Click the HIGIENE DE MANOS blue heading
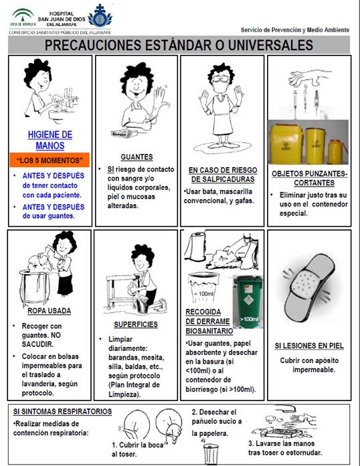click(50, 140)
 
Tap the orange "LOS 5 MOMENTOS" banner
click(50, 160)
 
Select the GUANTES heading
click(137, 157)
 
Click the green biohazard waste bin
click(248, 302)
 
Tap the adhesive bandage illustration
click(308, 287)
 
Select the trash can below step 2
click(211, 453)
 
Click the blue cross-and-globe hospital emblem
click(100, 16)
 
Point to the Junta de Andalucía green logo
click(23, 17)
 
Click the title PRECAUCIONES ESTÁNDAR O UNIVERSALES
click(179, 45)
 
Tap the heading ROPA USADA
click(50, 311)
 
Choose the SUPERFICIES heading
click(136, 324)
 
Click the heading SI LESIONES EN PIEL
click(309, 346)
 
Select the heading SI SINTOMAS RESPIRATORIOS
click(62, 411)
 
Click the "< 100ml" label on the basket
click(203, 294)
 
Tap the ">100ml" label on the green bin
click(249, 319)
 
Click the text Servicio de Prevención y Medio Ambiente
click(295, 29)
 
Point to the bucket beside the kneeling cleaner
click(143, 304)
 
